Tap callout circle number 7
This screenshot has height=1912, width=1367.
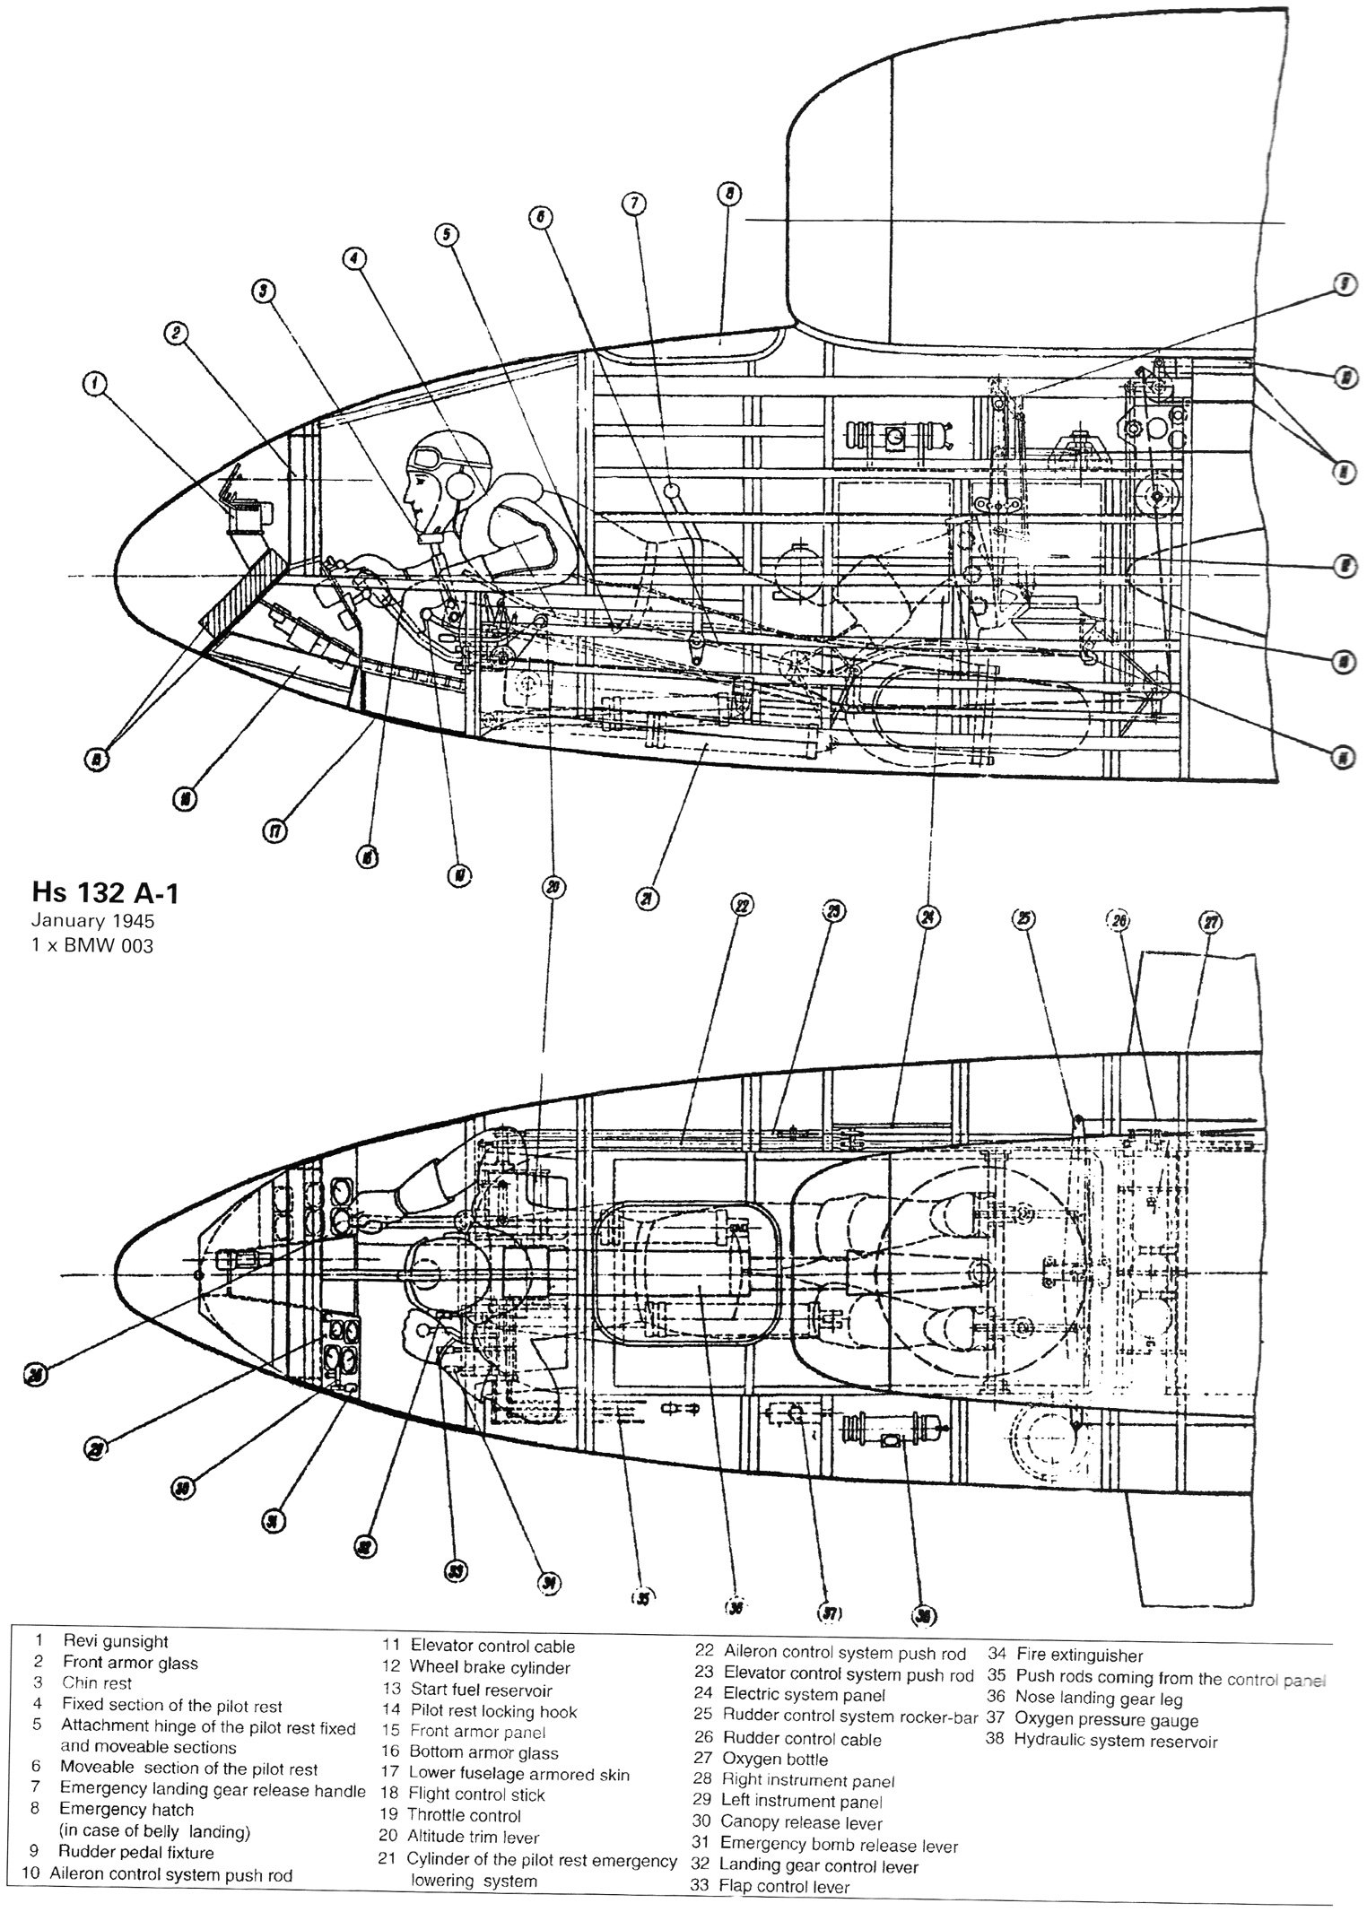633,204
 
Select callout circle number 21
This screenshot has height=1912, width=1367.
647,899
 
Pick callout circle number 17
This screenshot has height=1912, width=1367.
274,832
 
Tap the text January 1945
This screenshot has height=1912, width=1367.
92,920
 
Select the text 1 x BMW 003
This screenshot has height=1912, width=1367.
92,944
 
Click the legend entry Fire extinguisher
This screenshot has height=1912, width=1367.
1079,1681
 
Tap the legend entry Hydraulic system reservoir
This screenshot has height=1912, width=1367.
1116,1766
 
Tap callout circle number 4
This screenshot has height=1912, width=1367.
354,258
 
